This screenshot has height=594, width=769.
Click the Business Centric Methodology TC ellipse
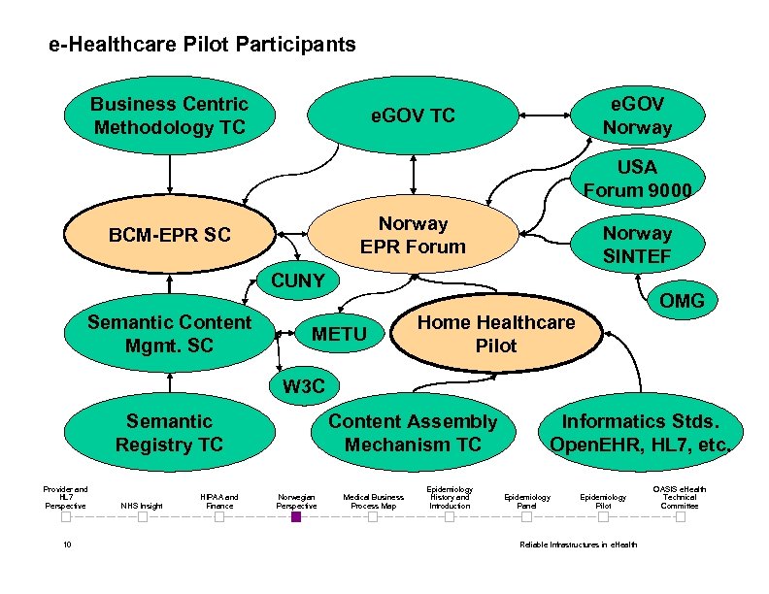click(170, 116)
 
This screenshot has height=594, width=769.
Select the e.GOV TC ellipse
click(414, 116)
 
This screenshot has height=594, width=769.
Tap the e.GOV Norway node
click(637, 115)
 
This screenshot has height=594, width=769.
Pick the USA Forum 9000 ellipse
click(637, 178)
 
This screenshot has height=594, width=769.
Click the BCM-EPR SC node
click(170, 235)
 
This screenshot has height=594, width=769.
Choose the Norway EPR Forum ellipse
click(414, 235)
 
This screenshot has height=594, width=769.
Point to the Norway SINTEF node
click(637, 246)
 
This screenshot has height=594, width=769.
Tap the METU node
click(339, 335)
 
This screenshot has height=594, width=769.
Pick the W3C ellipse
click(303, 387)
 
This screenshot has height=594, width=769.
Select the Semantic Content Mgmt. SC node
click(170, 333)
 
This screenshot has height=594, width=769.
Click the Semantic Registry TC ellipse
click(170, 433)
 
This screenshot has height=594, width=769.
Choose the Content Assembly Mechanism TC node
click(413, 433)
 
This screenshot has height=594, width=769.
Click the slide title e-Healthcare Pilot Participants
click(202, 45)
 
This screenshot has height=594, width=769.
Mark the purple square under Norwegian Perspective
click(296, 517)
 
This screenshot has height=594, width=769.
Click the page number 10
click(66, 544)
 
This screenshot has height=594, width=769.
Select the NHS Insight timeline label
click(142, 506)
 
